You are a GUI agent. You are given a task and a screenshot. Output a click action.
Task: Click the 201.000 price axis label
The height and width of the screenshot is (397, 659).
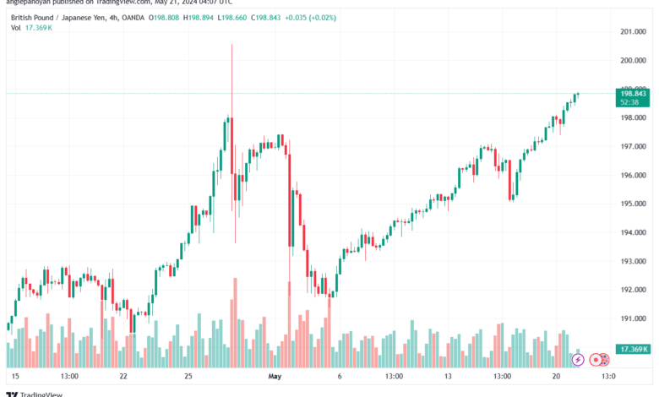click(632, 32)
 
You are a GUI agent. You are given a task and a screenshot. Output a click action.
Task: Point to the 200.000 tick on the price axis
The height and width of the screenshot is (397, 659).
click(632, 61)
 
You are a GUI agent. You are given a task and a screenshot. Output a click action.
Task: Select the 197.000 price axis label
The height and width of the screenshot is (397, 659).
click(632, 147)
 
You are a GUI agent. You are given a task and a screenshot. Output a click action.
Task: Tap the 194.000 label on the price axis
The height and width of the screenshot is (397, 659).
click(632, 232)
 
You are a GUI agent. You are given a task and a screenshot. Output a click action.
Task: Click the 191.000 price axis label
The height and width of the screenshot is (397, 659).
click(632, 318)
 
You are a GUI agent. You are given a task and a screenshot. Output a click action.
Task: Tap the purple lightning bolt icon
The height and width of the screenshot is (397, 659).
click(578, 359)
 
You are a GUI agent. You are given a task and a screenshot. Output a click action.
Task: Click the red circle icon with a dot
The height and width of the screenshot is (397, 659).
click(596, 359)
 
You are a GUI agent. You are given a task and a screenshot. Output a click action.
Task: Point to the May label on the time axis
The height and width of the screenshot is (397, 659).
click(273, 375)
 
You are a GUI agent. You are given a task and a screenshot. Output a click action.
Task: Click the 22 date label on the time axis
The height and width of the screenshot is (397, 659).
click(123, 375)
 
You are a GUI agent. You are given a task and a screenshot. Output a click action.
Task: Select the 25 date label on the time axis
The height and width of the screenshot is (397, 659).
click(188, 375)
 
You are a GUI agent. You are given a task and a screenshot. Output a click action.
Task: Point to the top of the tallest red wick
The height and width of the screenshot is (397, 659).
click(231, 44)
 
